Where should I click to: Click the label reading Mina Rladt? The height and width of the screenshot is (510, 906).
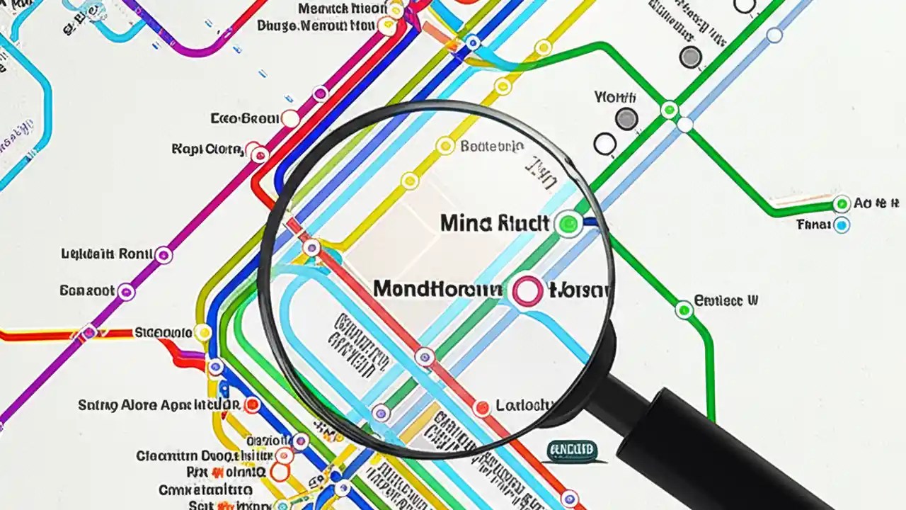pos(494,224)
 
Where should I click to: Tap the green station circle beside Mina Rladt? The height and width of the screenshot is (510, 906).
pos(568,224)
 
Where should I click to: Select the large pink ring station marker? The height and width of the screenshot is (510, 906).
pos(527,291)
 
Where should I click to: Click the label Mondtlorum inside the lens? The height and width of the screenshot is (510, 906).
pos(437,289)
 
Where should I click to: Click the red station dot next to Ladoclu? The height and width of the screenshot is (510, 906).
pos(482,407)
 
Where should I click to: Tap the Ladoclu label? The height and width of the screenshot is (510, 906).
pos(524,405)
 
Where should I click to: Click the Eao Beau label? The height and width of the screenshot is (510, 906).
pos(245,118)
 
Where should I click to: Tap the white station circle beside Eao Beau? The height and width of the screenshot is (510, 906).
pos(290,118)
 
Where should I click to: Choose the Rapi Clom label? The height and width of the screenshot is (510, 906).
pos(207,149)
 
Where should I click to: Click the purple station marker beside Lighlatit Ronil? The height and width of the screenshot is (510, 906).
pos(164,255)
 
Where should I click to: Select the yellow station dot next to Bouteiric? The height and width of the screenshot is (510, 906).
pos(445,146)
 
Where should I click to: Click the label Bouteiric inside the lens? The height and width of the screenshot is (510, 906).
pos(492,147)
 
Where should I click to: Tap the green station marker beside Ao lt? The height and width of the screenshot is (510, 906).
pos(842,205)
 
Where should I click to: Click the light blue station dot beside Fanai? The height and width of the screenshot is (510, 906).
pos(841,226)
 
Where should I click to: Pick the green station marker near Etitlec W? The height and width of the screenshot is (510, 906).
pos(684,310)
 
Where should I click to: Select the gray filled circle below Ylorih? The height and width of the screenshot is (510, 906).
pos(626,119)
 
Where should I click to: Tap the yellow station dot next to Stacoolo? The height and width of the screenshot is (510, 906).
pos(202,332)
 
